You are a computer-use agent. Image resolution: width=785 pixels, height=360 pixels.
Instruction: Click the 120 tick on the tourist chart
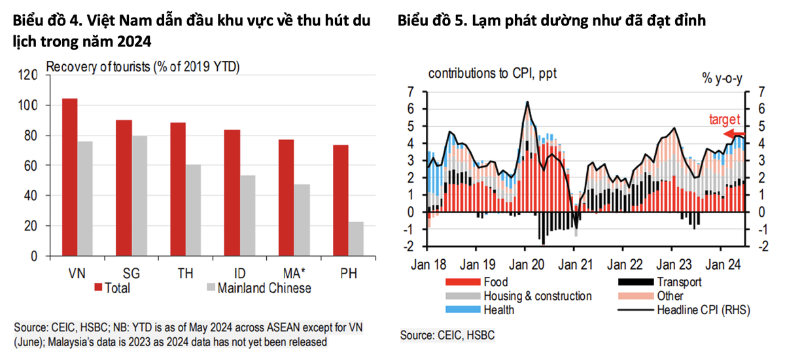click(x=29, y=75)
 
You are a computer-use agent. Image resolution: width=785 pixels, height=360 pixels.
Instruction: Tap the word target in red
click(x=724, y=120)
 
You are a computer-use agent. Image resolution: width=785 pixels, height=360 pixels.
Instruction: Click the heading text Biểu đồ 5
click(x=431, y=21)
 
